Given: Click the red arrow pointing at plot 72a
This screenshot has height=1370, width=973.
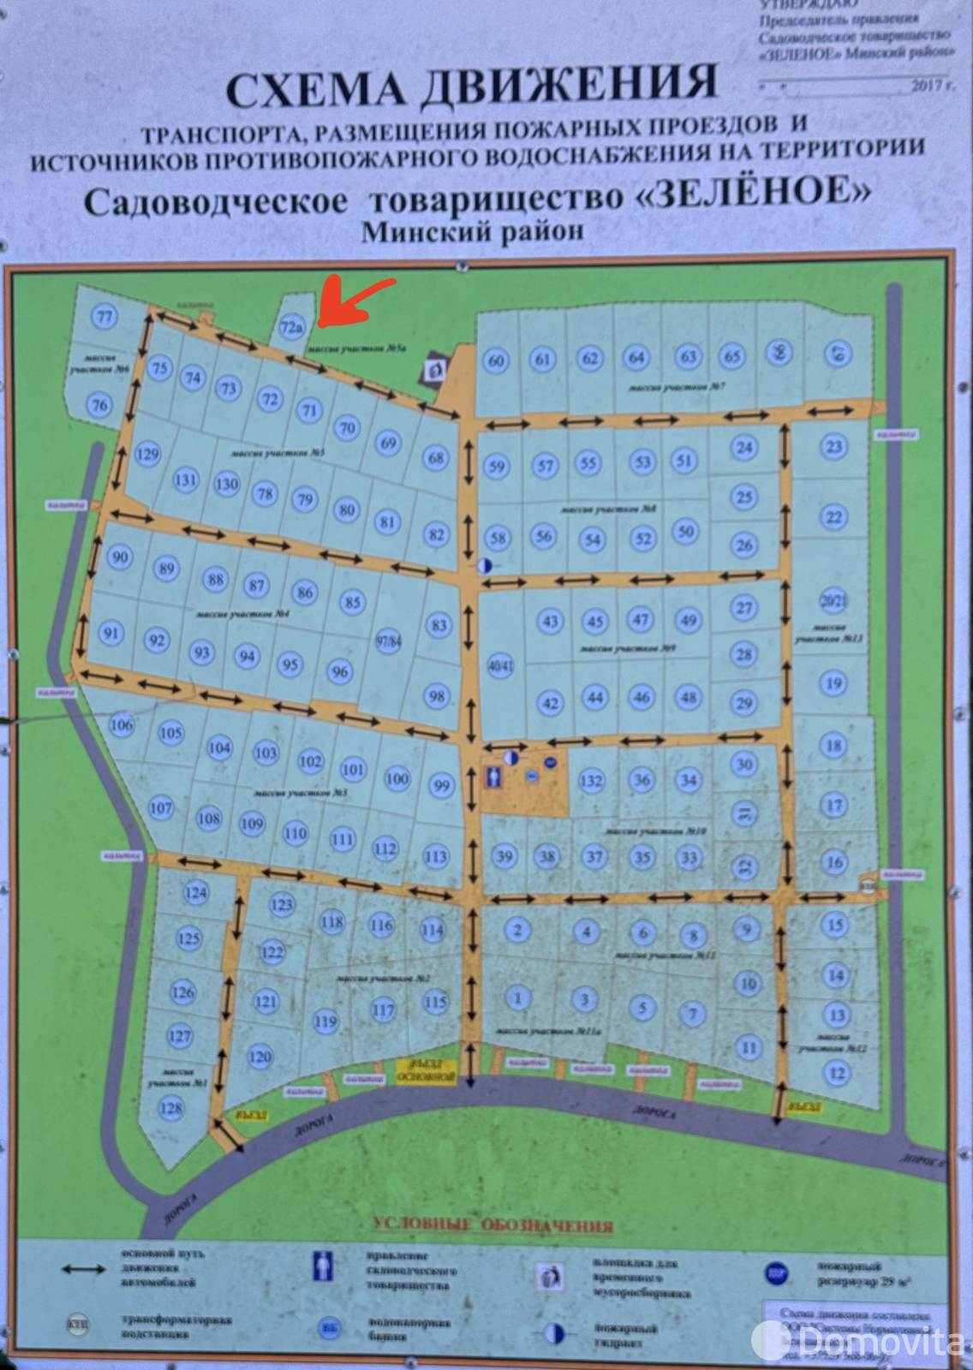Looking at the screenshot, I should [x=353, y=299].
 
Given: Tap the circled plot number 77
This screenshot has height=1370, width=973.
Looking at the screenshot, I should [x=104, y=317].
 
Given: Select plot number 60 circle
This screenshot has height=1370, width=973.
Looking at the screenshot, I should [x=496, y=360].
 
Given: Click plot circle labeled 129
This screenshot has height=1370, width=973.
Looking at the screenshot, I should [x=148, y=453].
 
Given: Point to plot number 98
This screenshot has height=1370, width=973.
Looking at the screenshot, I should [x=437, y=695].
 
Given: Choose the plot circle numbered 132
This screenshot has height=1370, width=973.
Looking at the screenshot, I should [x=591, y=780].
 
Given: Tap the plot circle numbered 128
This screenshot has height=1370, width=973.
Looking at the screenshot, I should [x=171, y=1109].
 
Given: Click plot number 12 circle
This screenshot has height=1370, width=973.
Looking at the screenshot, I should [x=837, y=1073].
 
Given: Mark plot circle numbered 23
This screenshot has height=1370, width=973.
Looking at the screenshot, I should [x=833, y=446].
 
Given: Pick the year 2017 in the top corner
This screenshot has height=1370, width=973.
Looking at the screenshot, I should [x=928, y=85].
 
